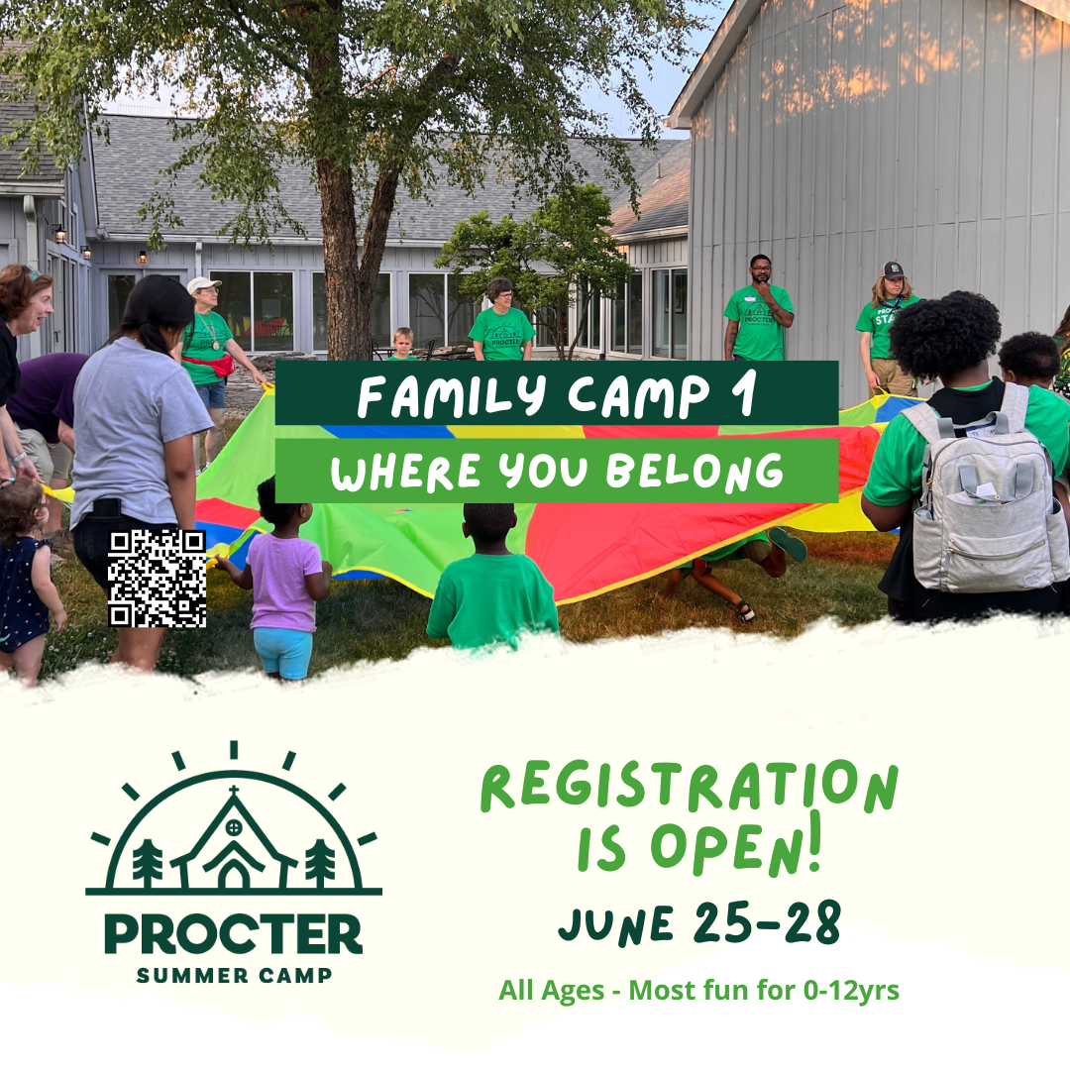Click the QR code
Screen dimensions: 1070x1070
click(x=157, y=578)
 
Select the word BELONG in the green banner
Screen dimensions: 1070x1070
click(x=695, y=472)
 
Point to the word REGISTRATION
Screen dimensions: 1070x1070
click(x=690, y=787)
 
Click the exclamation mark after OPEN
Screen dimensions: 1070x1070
click(x=812, y=841)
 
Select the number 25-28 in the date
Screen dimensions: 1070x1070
click(x=767, y=922)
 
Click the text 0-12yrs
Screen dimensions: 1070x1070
click(x=851, y=991)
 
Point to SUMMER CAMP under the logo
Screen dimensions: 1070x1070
click(x=234, y=975)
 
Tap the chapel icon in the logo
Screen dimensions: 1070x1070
click(x=234, y=840)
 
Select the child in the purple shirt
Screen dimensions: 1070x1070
click(x=284, y=580)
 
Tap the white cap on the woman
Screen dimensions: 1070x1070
click(x=203, y=283)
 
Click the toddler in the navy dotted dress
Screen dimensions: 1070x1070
click(x=28, y=580)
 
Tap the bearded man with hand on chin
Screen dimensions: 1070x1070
click(x=758, y=308)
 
